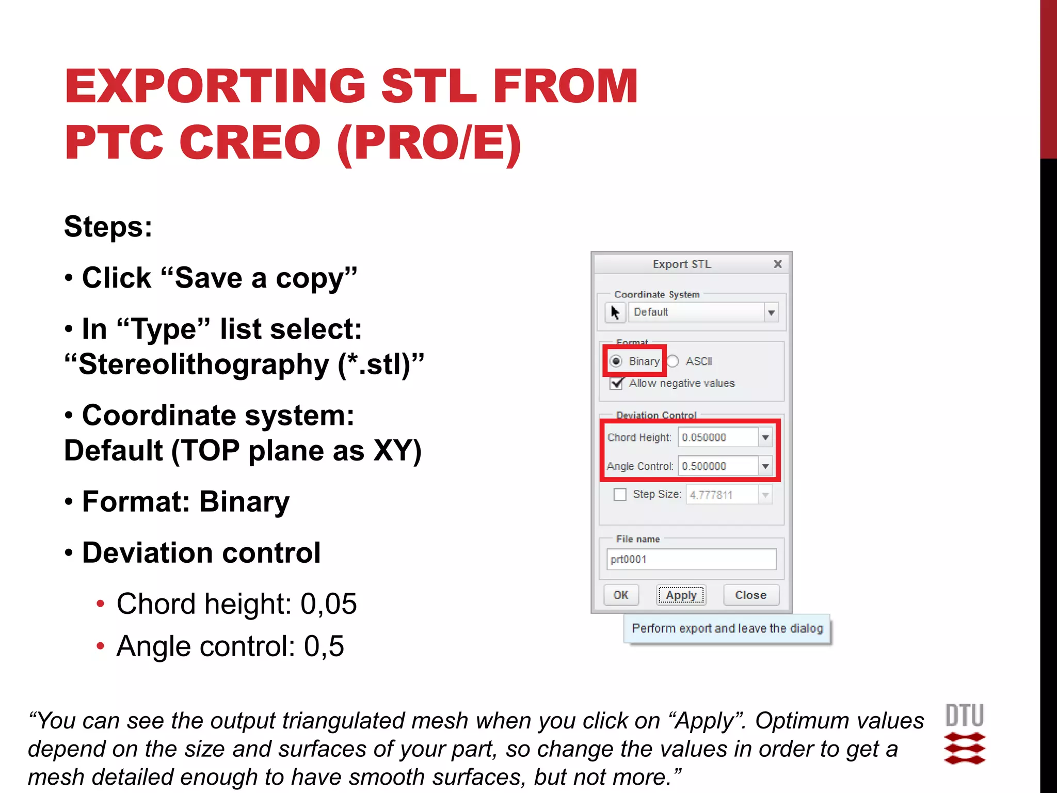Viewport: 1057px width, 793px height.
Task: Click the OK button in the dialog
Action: (x=621, y=595)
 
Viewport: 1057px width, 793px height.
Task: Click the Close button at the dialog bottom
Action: (x=750, y=595)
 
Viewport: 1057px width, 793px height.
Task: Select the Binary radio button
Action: (x=616, y=361)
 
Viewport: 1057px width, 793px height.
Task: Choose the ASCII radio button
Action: (x=673, y=361)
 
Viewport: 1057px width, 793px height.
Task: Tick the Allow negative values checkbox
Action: (x=617, y=383)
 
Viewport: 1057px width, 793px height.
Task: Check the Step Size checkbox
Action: (x=620, y=494)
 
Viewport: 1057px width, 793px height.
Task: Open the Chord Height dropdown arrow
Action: (x=765, y=437)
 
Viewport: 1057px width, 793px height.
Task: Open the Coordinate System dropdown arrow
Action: (x=771, y=312)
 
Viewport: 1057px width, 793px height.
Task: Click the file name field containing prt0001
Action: (x=691, y=559)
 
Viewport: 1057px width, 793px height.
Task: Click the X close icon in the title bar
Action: (x=778, y=264)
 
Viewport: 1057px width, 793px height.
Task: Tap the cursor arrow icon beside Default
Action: (x=615, y=312)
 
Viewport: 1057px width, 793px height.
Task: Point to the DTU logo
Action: (x=964, y=733)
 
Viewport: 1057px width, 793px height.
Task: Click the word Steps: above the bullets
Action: (x=108, y=227)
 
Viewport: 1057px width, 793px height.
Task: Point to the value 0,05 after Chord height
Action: (x=329, y=604)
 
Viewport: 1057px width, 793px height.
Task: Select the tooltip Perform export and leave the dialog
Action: (x=727, y=628)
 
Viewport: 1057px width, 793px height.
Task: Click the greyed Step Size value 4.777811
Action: (x=711, y=495)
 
